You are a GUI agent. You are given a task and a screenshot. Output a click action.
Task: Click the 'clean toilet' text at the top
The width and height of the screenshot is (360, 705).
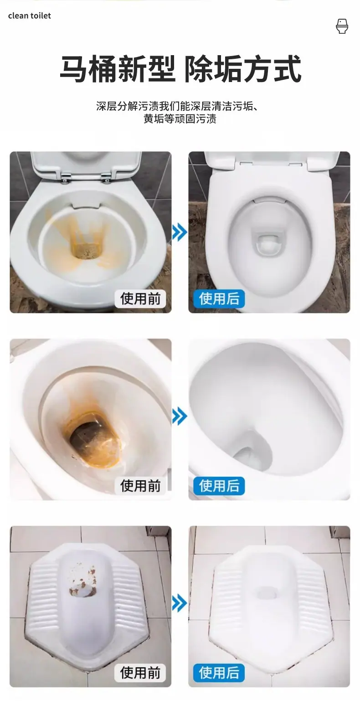point(29,16)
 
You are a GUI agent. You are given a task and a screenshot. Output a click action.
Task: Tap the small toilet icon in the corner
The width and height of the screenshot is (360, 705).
point(342,26)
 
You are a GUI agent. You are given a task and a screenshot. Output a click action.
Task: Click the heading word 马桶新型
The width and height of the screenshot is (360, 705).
point(118,68)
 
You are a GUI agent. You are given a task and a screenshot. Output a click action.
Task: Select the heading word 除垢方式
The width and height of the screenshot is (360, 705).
point(242,68)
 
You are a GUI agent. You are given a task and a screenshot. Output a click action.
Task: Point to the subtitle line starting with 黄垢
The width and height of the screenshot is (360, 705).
point(180,119)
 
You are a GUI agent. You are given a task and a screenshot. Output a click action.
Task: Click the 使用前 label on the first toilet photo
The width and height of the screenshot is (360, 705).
point(140,298)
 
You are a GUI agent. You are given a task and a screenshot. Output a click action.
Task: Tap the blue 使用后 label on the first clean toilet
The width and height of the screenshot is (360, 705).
point(219,298)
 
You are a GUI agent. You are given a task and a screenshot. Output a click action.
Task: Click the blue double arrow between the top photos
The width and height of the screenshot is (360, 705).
point(180,232)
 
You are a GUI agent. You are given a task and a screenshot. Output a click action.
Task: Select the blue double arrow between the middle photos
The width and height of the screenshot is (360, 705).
point(180,416)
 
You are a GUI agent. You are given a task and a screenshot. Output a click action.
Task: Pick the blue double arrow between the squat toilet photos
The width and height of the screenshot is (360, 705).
point(180,603)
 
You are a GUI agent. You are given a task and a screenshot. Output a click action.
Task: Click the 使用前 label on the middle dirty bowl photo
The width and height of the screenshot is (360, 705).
point(140,486)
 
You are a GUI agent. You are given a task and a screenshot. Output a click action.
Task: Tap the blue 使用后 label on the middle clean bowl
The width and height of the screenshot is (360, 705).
point(219,486)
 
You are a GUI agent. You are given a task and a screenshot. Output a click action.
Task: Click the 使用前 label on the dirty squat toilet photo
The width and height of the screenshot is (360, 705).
point(140,673)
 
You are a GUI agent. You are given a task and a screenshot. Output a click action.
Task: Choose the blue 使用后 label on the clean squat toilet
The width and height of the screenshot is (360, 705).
point(219,673)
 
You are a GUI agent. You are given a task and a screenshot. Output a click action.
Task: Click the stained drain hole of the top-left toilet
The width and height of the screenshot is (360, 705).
point(87,251)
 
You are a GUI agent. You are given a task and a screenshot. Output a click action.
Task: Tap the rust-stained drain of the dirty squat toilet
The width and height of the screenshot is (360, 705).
point(82,592)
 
